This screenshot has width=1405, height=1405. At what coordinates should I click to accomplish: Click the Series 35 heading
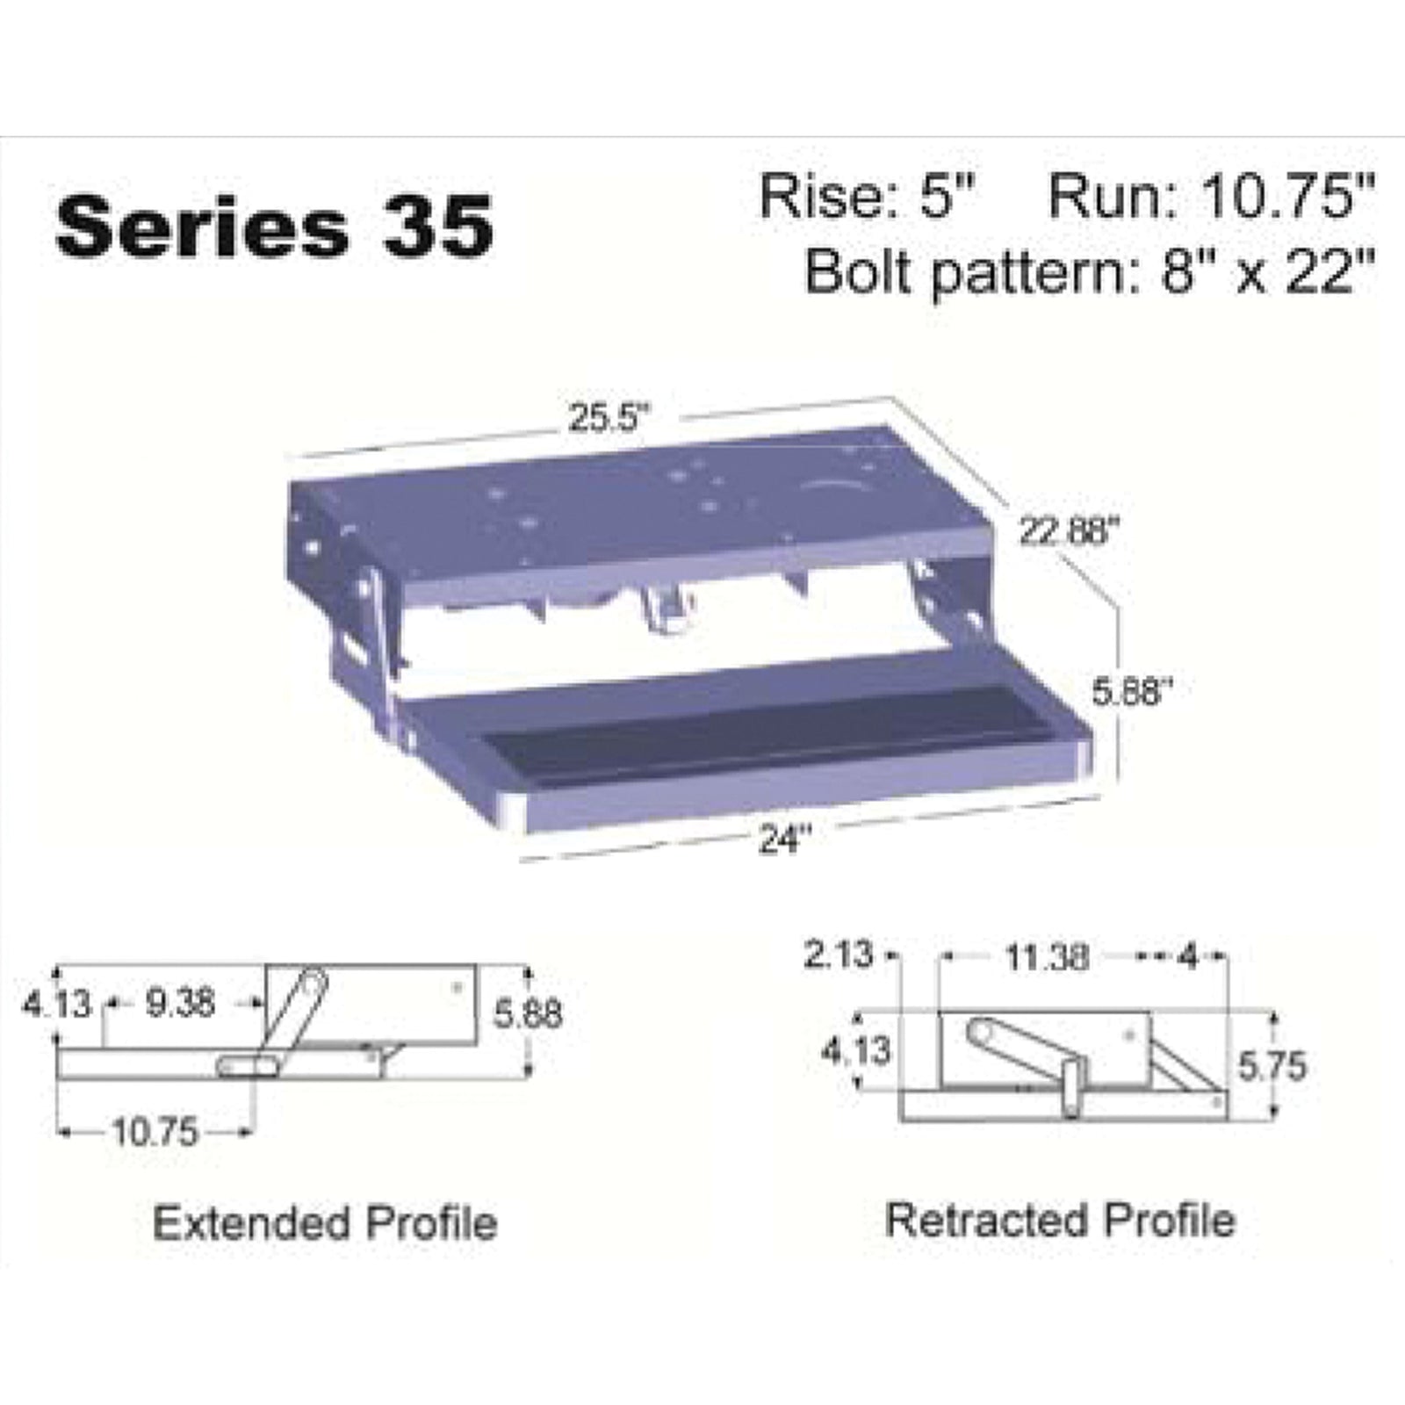[x=274, y=226]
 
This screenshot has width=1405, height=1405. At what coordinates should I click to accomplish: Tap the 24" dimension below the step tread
[x=782, y=840]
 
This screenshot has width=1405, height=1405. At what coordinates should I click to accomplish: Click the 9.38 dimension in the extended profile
[x=180, y=1002]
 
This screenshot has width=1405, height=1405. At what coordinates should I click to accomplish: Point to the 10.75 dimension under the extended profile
[x=155, y=1133]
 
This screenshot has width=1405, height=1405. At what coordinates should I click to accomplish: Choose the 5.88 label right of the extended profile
[x=527, y=1014]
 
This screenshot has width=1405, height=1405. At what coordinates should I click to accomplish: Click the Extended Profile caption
[x=325, y=1222]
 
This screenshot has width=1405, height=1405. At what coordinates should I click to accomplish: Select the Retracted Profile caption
[x=1061, y=1220]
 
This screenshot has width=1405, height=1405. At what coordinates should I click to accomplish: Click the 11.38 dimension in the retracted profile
[x=1047, y=956]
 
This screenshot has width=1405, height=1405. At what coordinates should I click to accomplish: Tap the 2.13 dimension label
[x=839, y=954]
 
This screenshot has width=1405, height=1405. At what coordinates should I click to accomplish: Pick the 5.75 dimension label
[x=1272, y=1066]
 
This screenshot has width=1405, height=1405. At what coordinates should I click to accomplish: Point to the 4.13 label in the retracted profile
[x=856, y=1049]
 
